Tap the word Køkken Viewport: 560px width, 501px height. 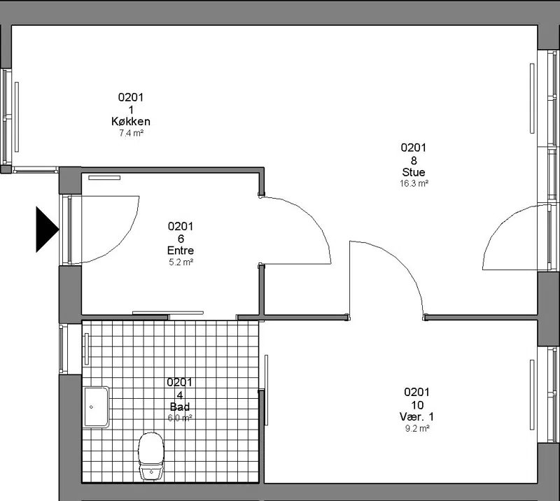click(131, 122)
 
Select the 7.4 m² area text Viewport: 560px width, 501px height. click(131, 133)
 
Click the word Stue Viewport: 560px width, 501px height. click(414, 172)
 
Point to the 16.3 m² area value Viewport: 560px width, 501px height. click(414, 183)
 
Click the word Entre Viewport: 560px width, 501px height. click(181, 250)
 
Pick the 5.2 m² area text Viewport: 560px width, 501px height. click(181, 262)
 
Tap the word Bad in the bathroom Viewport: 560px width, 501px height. click(180, 407)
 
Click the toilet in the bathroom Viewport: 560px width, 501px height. click(151, 456)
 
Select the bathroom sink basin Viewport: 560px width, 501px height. click(97, 407)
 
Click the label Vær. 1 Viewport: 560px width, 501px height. click(416, 417)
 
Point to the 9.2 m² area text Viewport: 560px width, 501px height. click(417, 428)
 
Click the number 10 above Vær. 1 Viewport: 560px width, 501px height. click(417, 405)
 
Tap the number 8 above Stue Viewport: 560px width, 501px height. click(414, 161)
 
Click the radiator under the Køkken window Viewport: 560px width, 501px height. click(17, 117)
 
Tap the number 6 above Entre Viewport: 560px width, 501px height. click(181, 239)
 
